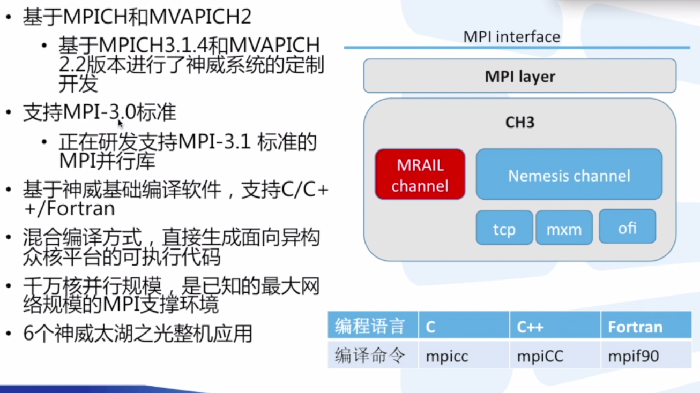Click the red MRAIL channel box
(420, 175)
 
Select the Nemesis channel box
(569, 175)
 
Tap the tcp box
(504, 228)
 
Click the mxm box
(564, 228)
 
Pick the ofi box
(627, 227)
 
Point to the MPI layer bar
(519, 76)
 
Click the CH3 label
(519, 122)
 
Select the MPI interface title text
(511, 36)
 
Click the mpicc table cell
(447, 356)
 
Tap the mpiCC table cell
(540, 356)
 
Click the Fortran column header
(635, 327)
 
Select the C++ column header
(530, 327)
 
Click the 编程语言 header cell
(370, 326)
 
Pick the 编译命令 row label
(370, 356)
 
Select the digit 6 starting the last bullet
(28, 334)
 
